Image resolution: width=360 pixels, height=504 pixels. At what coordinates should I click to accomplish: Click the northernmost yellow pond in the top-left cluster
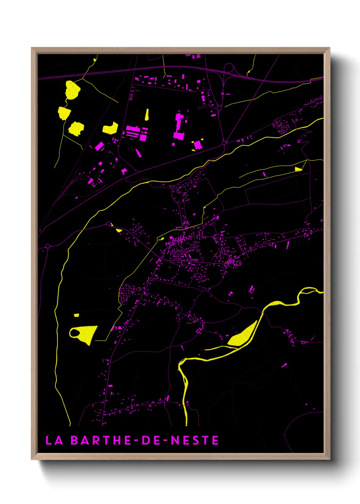pos(72,90)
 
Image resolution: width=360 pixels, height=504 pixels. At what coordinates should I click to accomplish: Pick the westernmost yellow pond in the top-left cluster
pos(64,113)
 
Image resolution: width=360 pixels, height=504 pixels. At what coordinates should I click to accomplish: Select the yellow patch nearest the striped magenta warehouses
pos(110,128)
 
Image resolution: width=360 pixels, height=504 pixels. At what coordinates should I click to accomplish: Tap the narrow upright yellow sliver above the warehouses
pos(147,114)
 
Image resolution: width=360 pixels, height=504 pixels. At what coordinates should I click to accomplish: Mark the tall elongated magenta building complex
pos(179,126)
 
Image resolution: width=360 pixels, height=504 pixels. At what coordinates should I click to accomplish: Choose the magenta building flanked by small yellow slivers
pos(197,145)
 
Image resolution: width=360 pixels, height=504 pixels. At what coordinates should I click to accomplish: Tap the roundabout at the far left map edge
pos(48,246)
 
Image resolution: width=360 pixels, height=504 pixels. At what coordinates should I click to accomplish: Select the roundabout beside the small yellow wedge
pos(109,224)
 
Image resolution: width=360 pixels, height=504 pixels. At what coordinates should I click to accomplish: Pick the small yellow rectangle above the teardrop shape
pos(77,315)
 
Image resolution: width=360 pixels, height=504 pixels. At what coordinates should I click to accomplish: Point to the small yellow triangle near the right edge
pos(298,169)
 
